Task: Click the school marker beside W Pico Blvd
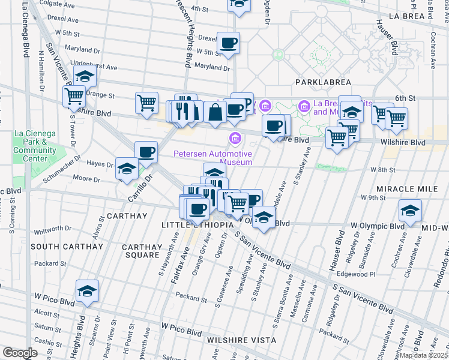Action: [87, 292]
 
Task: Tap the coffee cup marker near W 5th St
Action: [228, 43]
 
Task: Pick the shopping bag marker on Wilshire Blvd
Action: [215, 112]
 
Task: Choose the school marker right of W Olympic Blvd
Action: [410, 211]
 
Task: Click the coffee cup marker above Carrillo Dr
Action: [146, 152]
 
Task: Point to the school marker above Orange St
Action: [85, 77]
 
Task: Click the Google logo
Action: [20, 353]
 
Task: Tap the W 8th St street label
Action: [382, 170]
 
